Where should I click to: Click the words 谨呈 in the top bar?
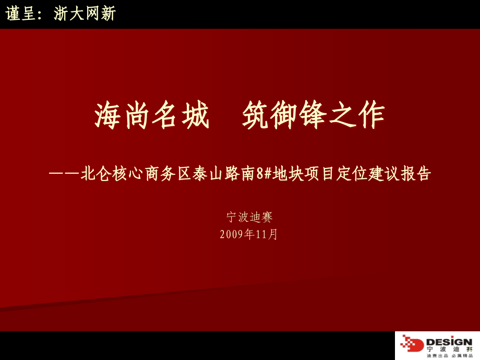point(21,14)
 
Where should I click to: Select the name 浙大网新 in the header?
point(85,14)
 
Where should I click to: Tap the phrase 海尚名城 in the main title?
point(152,115)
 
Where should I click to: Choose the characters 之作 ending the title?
point(357,115)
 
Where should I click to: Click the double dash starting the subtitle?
point(64,174)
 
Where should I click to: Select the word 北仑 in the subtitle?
point(97,174)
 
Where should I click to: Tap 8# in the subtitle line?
point(265,174)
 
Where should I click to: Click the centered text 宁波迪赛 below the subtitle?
point(249,217)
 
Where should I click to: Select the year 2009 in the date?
point(232,234)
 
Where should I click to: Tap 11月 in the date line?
point(266,234)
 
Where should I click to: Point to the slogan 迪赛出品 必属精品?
point(449,356)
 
